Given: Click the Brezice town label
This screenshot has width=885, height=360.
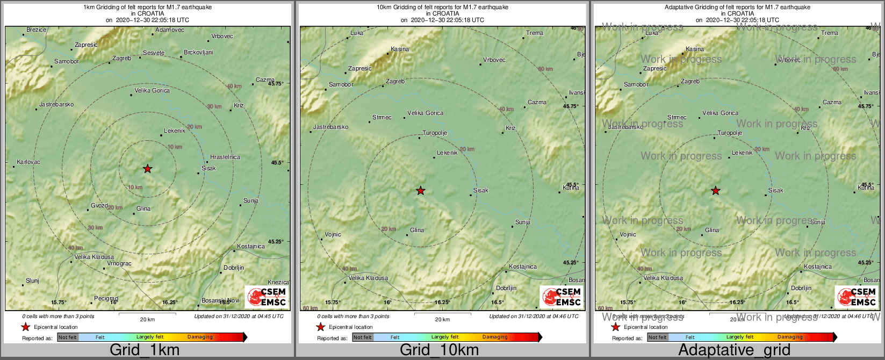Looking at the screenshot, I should (x=37, y=30).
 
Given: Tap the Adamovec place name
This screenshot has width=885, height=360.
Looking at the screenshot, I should (x=169, y=30).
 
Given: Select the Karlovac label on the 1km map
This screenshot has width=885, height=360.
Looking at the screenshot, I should (x=28, y=162).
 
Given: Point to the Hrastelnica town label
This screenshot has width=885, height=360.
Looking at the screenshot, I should (x=225, y=157).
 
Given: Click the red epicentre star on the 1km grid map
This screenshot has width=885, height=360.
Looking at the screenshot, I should (x=148, y=169).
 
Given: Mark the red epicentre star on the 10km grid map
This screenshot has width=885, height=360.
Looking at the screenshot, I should (x=421, y=191).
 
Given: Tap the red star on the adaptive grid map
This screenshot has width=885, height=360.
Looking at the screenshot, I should (x=716, y=191).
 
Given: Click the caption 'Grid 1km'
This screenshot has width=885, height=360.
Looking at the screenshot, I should (x=145, y=350).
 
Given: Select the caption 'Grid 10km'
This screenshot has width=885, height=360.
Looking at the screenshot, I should (x=439, y=350).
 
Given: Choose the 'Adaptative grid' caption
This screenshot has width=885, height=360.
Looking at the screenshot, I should (x=734, y=350).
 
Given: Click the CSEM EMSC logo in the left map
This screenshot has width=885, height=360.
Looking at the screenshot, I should (x=267, y=297).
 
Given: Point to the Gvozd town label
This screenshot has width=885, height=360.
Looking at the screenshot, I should (x=99, y=206).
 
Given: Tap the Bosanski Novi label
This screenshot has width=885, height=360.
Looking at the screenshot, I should (x=220, y=301).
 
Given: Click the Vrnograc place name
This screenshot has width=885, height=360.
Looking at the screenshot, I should (x=119, y=264).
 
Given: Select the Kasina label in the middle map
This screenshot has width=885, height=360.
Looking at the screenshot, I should (x=400, y=49).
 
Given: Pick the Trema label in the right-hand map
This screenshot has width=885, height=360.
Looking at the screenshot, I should (x=830, y=33).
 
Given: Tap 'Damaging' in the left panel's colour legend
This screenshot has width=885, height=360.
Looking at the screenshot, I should (x=200, y=337).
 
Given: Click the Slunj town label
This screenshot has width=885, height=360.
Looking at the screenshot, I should (x=33, y=281).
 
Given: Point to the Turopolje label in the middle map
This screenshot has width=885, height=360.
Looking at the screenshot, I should (x=435, y=133).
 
